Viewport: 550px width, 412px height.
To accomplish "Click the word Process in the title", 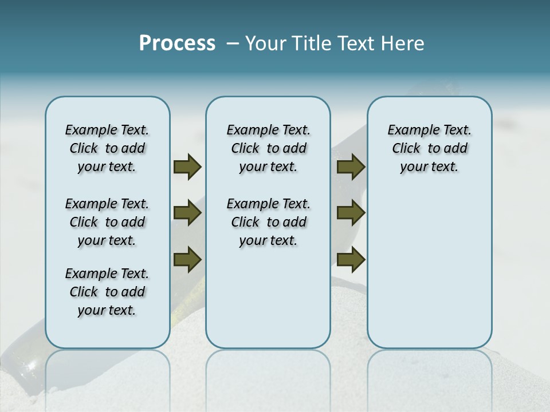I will (177, 43).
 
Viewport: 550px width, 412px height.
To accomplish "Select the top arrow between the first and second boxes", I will (187, 167).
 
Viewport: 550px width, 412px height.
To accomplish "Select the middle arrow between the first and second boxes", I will (187, 213).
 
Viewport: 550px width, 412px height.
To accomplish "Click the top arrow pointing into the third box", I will (351, 167).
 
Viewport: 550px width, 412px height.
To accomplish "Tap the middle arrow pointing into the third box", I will (351, 213).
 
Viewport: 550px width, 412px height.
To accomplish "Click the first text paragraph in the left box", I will (107, 148).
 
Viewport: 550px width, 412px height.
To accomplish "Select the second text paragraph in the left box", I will (107, 222).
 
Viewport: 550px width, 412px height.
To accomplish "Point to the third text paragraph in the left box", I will (107, 292).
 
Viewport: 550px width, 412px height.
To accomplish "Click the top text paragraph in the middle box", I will (268, 148).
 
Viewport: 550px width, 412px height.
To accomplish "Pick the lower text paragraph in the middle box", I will (268, 222).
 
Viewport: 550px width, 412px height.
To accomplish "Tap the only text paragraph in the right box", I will (430, 148).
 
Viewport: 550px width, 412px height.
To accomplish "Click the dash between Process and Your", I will (232, 43).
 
